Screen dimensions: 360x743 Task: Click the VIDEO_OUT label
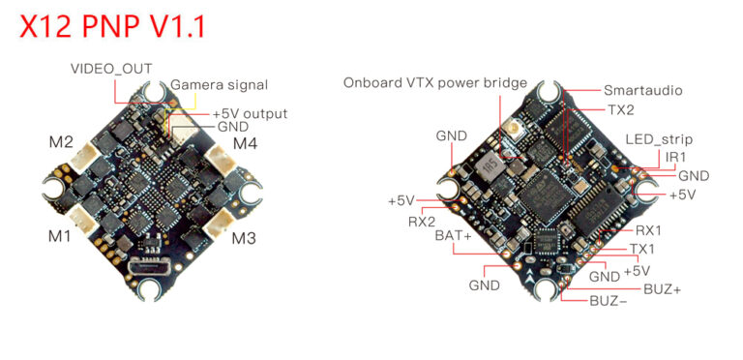[110, 69]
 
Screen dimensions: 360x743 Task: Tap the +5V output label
[250, 112]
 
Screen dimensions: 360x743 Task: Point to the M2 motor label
[61, 143]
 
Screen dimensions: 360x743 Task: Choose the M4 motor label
[246, 145]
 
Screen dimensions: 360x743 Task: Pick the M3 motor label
[244, 238]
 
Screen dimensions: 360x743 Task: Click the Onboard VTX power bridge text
[434, 82]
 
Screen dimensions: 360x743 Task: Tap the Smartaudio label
[642, 90]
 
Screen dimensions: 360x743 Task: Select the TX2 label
[621, 110]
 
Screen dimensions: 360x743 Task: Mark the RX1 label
[648, 230]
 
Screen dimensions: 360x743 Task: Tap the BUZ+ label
[662, 288]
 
